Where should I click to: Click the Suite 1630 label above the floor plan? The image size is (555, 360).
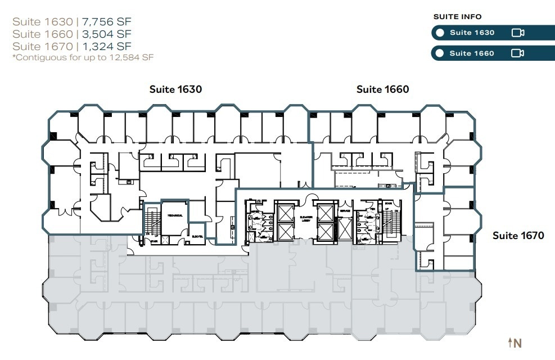click(x=175, y=89)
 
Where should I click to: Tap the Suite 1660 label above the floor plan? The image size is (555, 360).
click(x=382, y=89)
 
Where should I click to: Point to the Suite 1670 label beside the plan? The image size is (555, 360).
click(x=518, y=235)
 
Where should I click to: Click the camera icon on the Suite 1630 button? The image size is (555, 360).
click(x=518, y=33)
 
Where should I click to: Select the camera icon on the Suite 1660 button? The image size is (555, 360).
click(x=518, y=53)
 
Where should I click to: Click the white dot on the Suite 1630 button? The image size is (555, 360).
click(x=440, y=33)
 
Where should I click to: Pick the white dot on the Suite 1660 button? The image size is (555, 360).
click(x=440, y=53)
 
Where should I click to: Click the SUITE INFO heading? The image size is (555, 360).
click(x=458, y=17)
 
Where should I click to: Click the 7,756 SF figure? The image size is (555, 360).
click(x=107, y=22)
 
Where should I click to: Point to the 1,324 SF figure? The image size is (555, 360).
click(x=107, y=46)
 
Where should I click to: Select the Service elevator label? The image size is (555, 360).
click(x=344, y=210)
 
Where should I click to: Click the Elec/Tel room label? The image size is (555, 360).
click(x=197, y=236)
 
